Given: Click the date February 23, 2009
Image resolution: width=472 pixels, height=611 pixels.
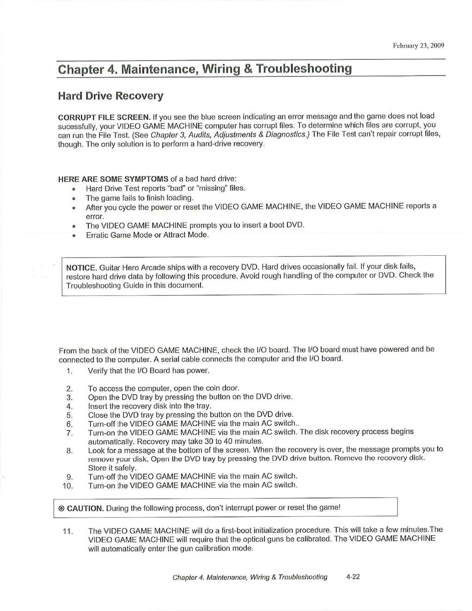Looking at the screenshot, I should click(x=418, y=46).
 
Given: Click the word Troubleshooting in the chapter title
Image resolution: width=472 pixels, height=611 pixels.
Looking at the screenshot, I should click(x=304, y=69).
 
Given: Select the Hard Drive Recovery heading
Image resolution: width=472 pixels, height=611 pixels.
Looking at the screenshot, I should click(x=110, y=96).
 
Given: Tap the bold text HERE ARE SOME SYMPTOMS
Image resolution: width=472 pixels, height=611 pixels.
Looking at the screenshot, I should click(x=113, y=179).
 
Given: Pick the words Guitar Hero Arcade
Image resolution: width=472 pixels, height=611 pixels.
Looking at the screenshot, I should click(x=128, y=268).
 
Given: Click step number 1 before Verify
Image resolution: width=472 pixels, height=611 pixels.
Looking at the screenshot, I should click(x=69, y=371).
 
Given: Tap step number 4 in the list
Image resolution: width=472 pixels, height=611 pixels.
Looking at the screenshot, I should click(x=69, y=406).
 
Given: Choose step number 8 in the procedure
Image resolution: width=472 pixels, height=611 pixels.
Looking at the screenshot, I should click(x=69, y=451).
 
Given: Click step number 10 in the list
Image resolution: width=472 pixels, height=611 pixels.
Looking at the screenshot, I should click(x=68, y=485).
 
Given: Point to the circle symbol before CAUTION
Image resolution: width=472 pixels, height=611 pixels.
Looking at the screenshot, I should click(x=61, y=508).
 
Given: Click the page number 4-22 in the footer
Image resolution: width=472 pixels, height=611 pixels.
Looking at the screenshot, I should click(x=353, y=577).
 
